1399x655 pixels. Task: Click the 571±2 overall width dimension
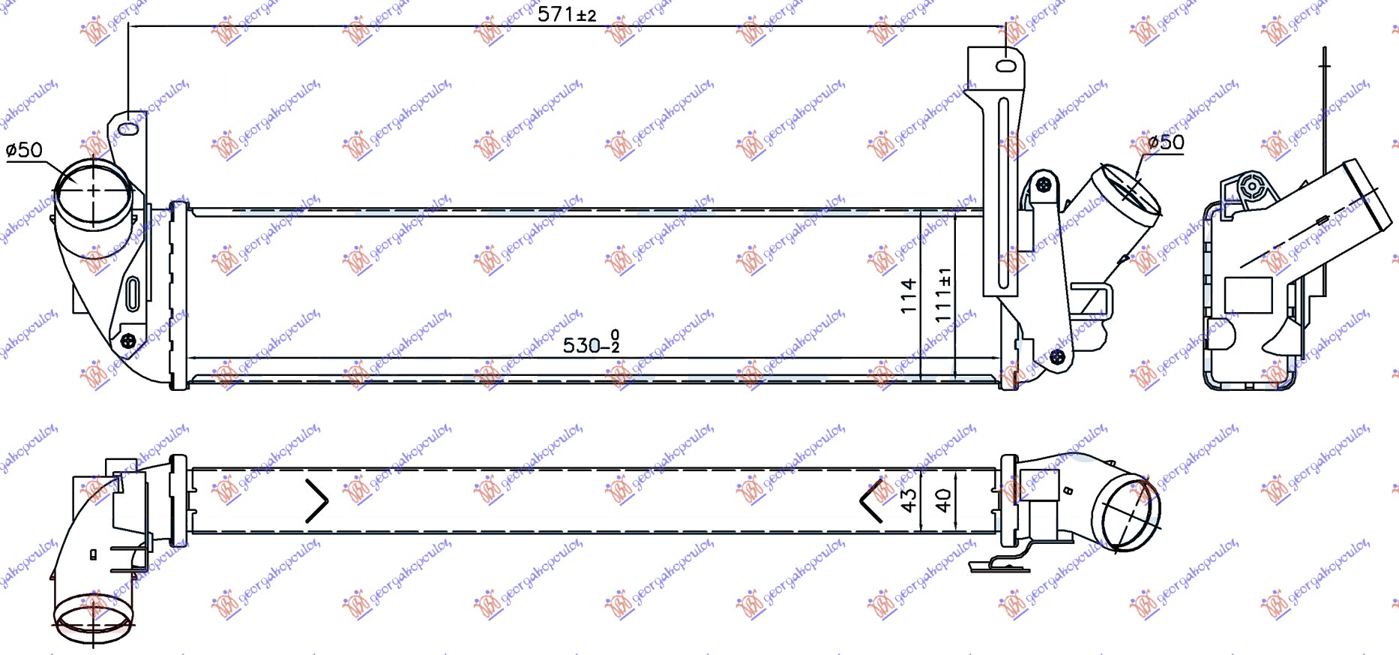pos(567,14)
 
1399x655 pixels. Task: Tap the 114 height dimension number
pos(909,296)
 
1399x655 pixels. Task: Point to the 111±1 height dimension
pos(943,294)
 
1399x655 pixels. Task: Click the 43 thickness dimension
pos(909,500)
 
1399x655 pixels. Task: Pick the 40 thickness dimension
pos(943,500)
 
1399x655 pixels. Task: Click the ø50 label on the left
pos(24,150)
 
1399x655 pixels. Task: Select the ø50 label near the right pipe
pos(1166,142)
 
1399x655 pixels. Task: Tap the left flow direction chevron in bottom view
pos(317,500)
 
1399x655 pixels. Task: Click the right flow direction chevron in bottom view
pos(870,500)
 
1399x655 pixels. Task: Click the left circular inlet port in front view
pos(93,191)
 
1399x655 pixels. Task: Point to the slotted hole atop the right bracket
pos(1005,66)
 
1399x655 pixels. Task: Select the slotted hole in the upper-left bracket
pos(129,129)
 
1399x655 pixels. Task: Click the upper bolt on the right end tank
pos(1043,184)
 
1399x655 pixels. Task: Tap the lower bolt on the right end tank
pos(1057,356)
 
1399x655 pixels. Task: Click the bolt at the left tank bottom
pos(128,341)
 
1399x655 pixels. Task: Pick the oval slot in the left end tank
pos(133,293)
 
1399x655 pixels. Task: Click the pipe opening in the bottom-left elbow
pos(93,617)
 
